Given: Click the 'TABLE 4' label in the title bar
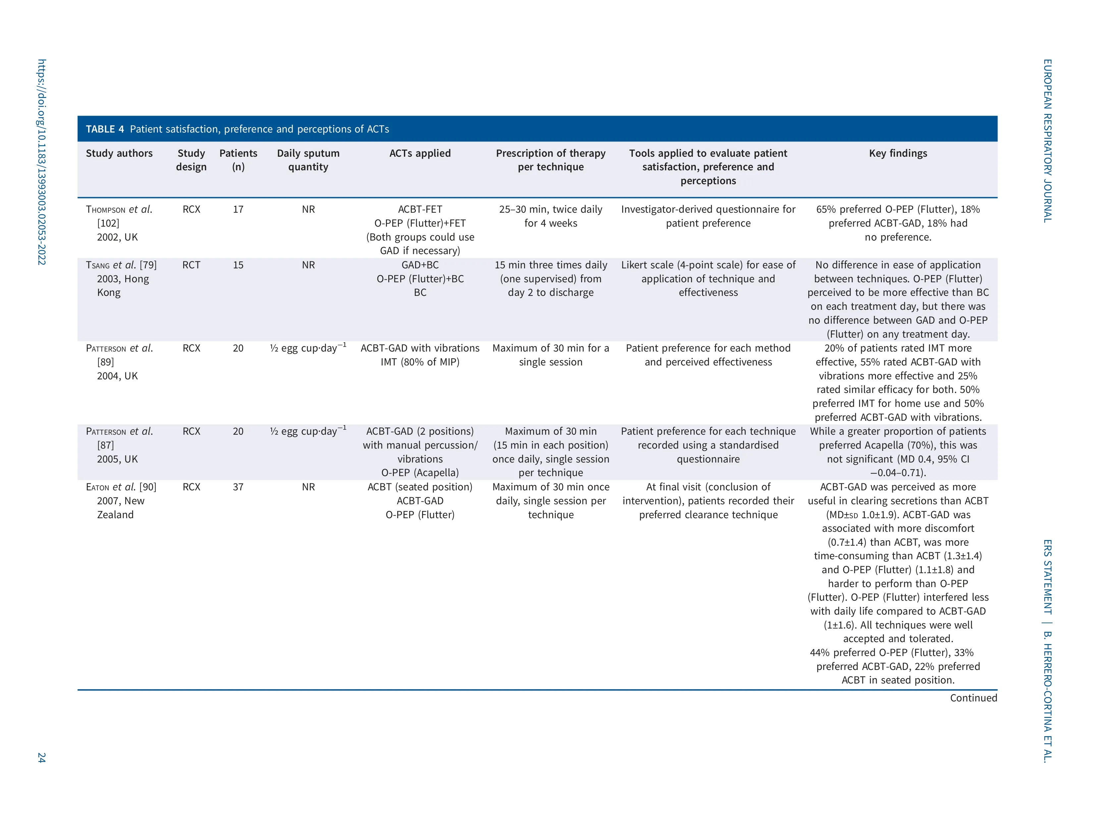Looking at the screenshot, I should (x=105, y=129).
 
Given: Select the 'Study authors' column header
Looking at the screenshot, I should (x=119, y=154).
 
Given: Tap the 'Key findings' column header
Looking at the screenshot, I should (x=898, y=154).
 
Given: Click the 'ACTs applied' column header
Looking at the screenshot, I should (x=420, y=154).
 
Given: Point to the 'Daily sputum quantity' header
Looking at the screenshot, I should (x=308, y=160).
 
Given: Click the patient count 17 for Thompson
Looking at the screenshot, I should (x=238, y=210).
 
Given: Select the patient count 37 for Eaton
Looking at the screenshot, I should (x=238, y=487).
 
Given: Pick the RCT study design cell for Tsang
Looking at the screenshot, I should (x=191, y=265).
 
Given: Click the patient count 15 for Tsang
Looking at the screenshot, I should (x=238, y=265).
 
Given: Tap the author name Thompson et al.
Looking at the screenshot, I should (x=119, y=210).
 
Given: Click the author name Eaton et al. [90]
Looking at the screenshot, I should (x=121, y=487).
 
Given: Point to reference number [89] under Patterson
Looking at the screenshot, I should (x=106, y=362).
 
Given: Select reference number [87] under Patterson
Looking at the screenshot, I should (x=106, y=445).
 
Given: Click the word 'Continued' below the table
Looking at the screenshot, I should (x=973, y=698).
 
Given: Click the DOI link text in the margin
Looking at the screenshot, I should (x=42, y=162).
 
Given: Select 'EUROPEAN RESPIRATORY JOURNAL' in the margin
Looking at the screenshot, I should (x=1047, y=141).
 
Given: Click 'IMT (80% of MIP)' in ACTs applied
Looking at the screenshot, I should (x=420, y=362).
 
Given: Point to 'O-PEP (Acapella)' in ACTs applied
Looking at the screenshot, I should (x=420, y=473).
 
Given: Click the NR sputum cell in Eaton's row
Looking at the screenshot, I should (x=308, y=487).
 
